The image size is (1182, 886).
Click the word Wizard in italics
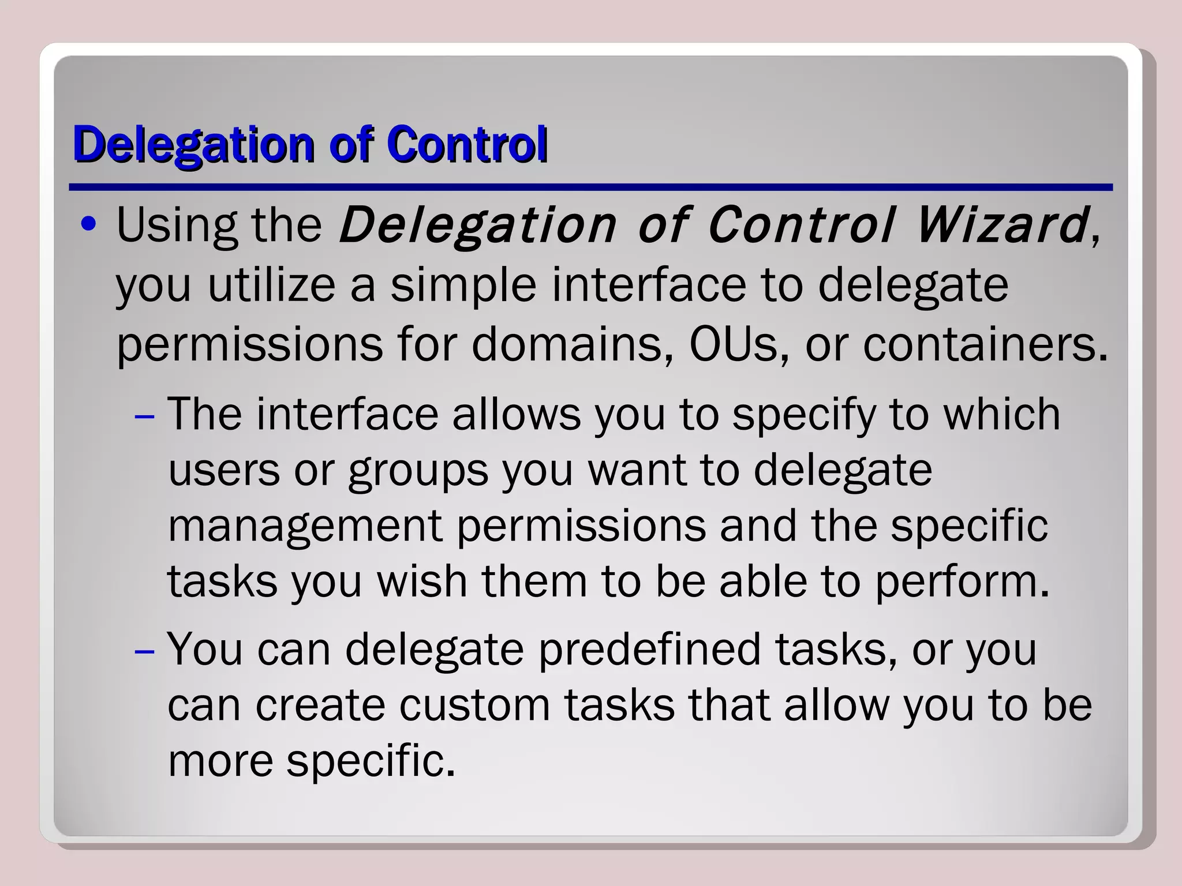coord(1001,225)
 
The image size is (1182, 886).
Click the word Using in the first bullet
coord(177,225)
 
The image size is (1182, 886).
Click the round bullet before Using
coord(88,224)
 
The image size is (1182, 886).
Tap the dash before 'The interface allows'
coord(144,416)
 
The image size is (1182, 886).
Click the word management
coord(305,526)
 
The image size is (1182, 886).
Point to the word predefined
coord(649,650)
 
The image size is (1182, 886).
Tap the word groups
coord(418,471)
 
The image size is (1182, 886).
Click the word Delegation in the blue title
coord(193,144)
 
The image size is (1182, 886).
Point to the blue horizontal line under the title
coord(590,187)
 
